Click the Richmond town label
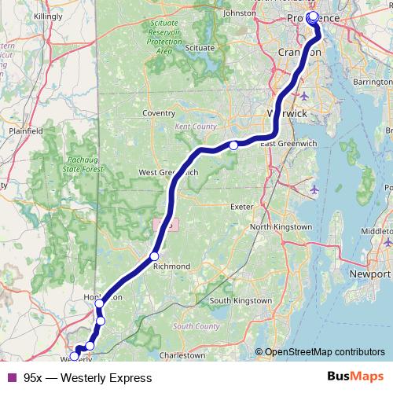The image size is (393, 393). click(171, 266)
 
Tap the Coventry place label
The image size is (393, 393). click(158, 113)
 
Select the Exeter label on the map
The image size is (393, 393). click(241, 206)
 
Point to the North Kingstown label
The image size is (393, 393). click(281, 227)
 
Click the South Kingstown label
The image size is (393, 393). click(241, 300)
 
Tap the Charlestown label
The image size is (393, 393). click(182, 355)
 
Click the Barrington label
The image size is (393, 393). click(373, 81)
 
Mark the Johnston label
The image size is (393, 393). click(241, 13)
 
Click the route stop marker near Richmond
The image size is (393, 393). click(155, 256)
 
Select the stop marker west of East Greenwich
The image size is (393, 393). click(233, 145)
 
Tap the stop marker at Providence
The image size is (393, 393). click(313, 16)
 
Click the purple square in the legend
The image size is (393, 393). click(12, 378)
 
